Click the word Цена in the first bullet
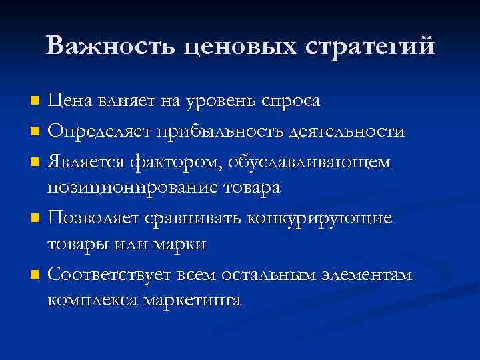click(71, 101)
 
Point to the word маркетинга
click(193, 301)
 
